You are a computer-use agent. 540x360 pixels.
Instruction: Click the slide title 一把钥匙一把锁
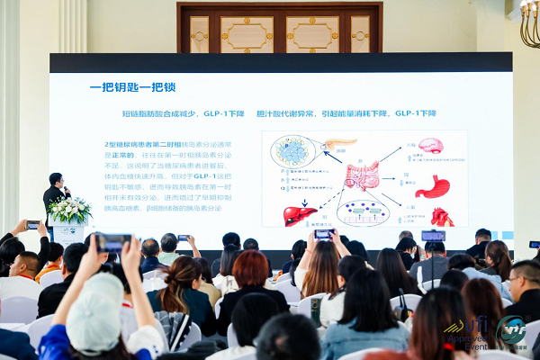132,87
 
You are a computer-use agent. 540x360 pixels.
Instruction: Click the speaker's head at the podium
56,179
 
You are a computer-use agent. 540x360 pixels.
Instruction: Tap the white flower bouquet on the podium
69,210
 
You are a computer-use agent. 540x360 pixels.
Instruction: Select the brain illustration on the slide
430,146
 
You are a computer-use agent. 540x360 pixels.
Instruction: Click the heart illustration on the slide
442,217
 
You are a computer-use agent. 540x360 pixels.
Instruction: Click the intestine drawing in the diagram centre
362,175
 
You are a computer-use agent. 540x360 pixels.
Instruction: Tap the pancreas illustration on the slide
340,143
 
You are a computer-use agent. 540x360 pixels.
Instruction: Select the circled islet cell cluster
292,151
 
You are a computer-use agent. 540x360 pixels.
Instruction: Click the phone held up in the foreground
113,242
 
